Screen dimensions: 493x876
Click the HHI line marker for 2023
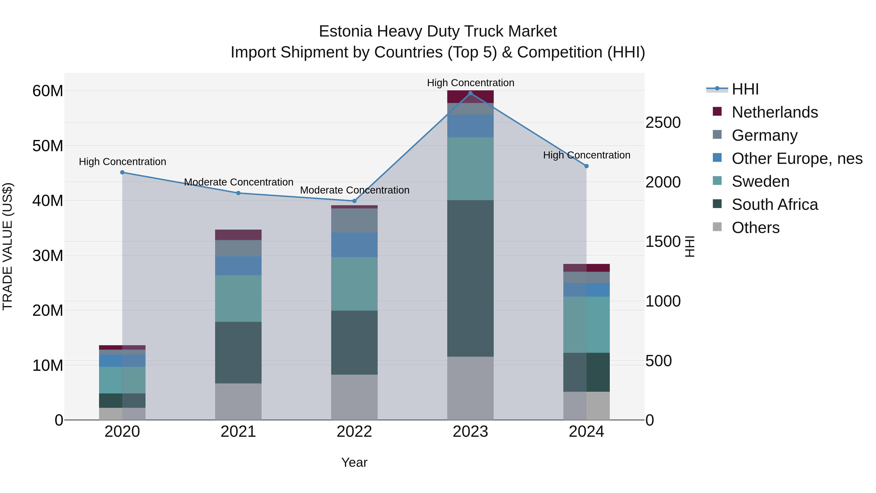470,93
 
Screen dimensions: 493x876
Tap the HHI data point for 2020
122,173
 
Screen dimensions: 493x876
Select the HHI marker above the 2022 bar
354,201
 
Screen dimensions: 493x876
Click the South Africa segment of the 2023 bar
470,278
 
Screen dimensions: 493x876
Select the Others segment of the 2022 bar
354,397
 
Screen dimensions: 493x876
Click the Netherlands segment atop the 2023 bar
470,97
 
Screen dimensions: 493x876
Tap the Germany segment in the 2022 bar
354,221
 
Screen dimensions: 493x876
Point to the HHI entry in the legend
745,89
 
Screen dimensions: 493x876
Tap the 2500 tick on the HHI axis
663,123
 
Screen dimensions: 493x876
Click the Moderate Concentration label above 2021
238,182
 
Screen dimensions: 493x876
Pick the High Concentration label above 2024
586,155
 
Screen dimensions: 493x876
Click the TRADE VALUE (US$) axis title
8,246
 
